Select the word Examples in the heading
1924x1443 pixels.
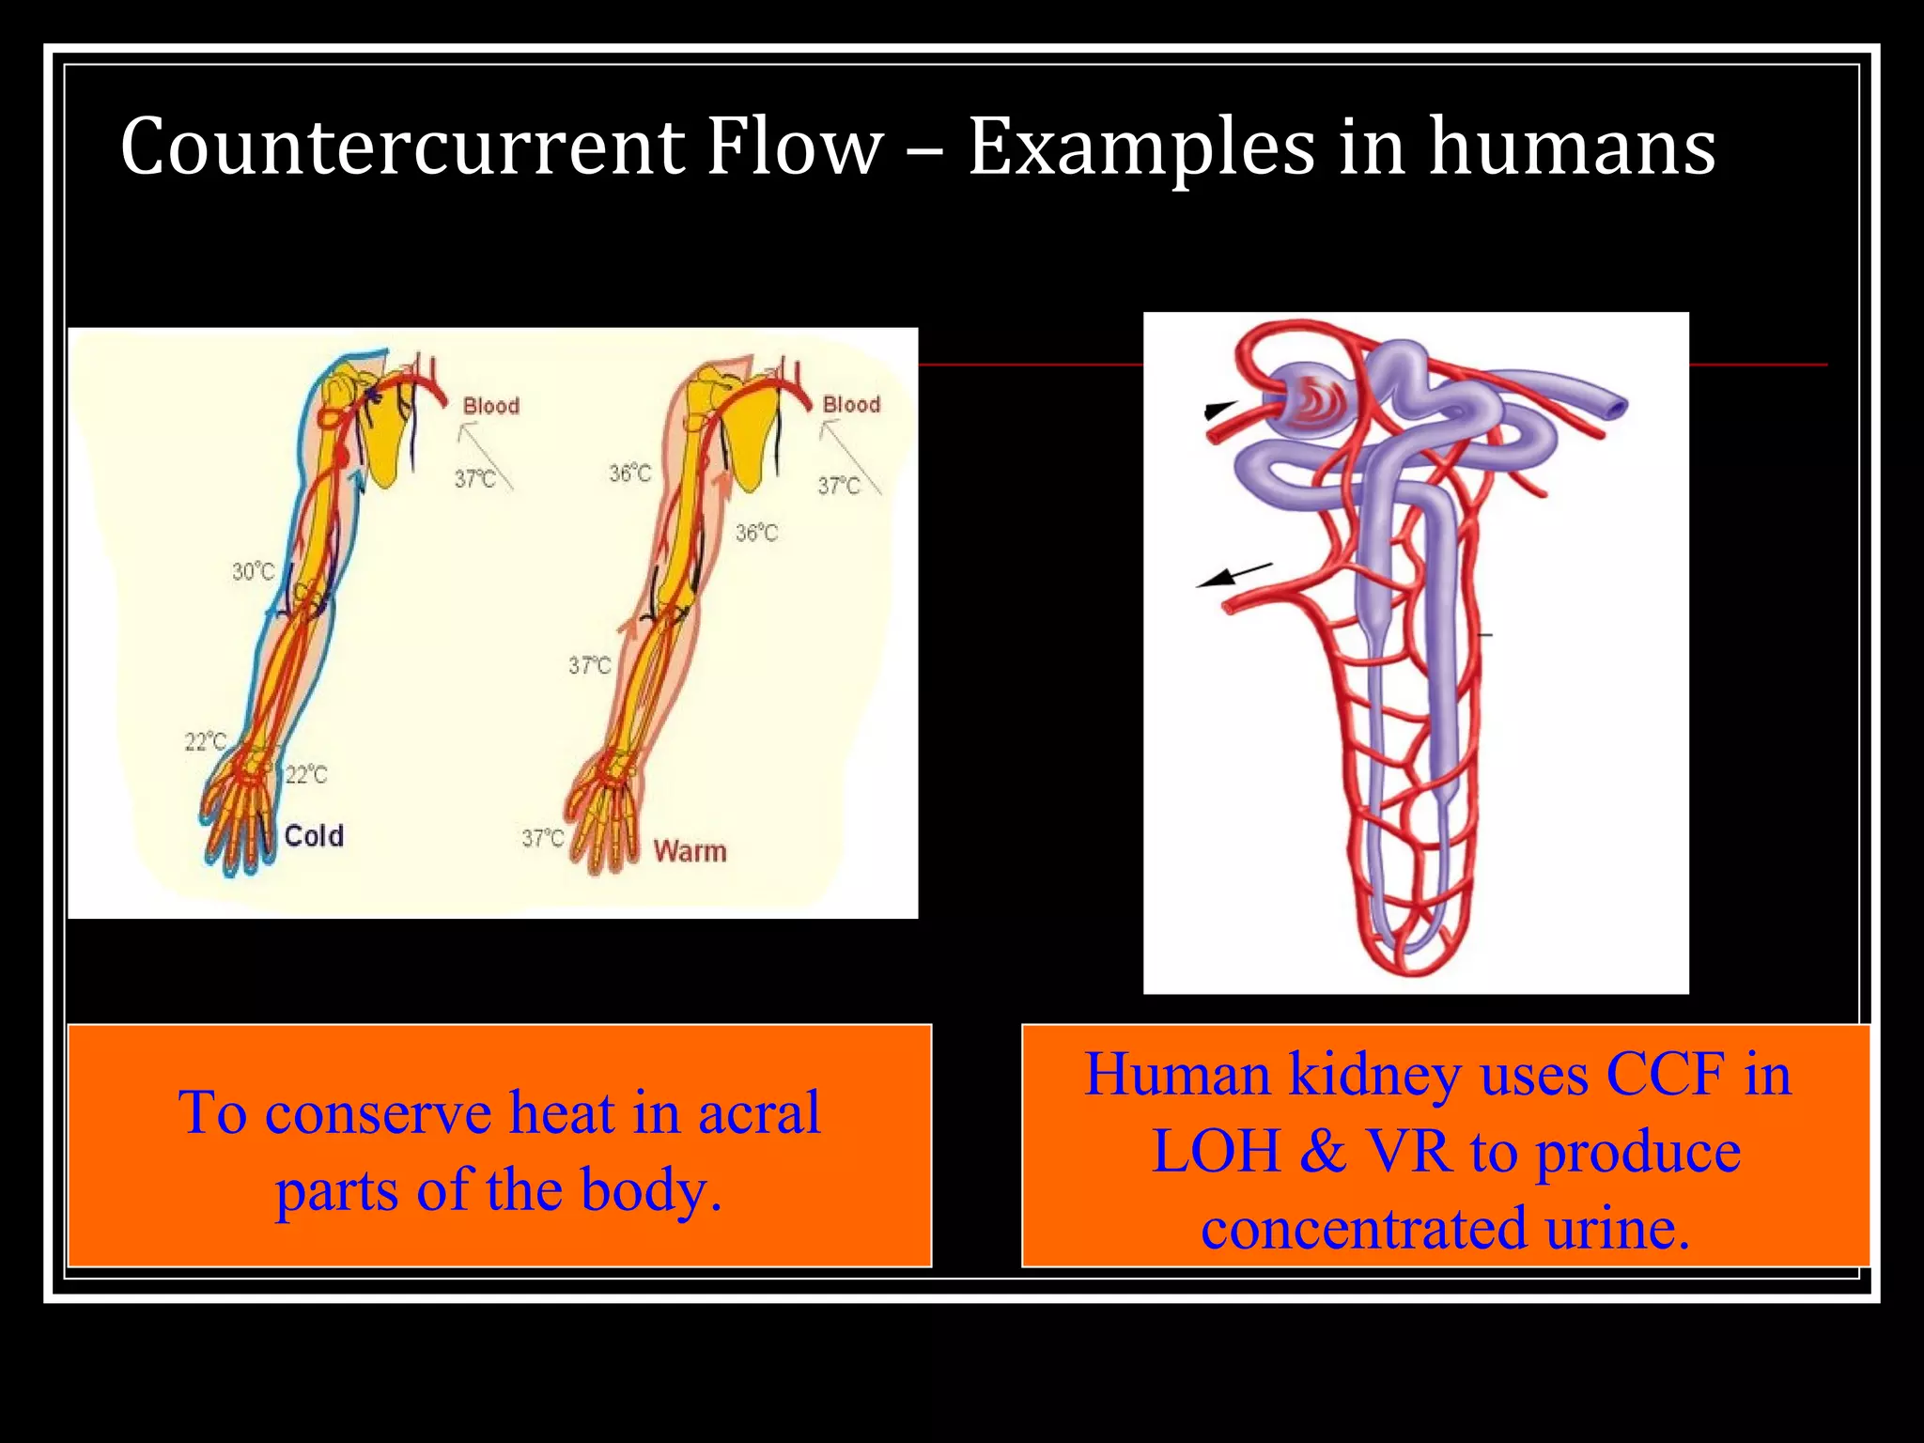coord(1140,148)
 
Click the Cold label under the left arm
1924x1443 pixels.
coord(314,835)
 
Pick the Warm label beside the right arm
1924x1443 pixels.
coord(690,851)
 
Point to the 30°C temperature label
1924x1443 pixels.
coord(253,571)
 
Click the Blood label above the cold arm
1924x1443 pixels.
coord(490,406)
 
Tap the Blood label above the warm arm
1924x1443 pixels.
coord(851,404)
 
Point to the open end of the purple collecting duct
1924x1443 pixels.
coord(1613,406)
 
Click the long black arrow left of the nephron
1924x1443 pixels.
coord(1233,575)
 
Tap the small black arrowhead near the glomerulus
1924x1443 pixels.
coord(1218,409)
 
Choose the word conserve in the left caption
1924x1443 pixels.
coord(378,1112)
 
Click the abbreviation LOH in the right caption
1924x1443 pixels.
coord(1216,1151)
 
